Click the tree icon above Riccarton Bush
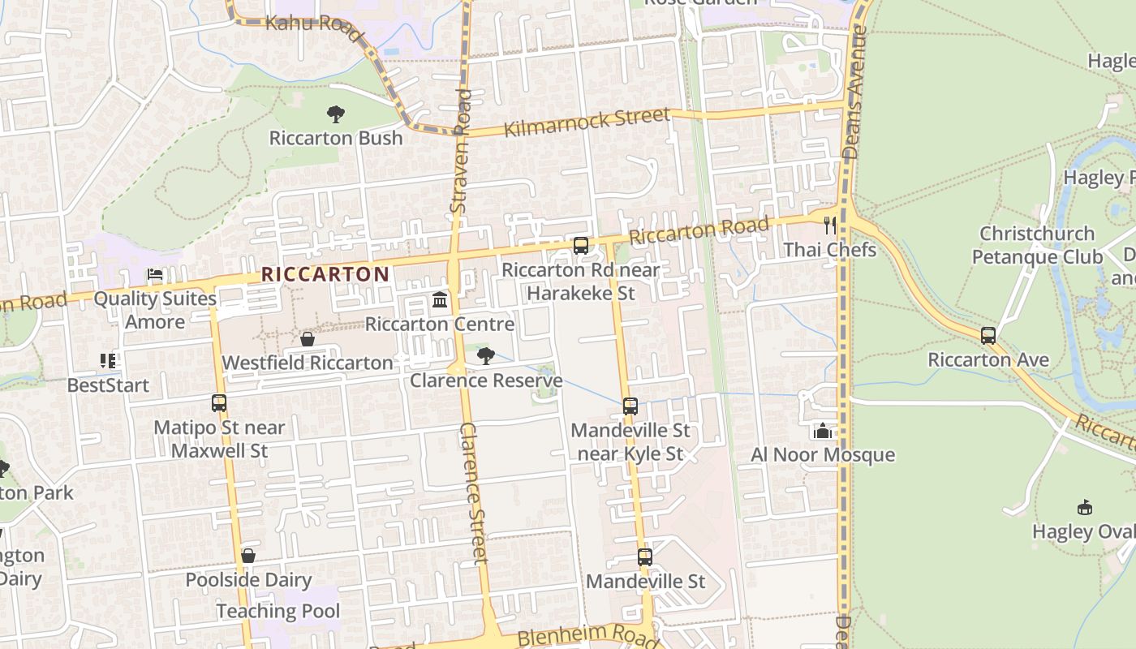[335, 114]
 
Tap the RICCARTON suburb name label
[325, 274]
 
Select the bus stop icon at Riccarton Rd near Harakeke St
[580, 245]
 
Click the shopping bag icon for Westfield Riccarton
[308, 339]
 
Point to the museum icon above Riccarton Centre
[440, 301]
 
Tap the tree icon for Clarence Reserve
[486, 356]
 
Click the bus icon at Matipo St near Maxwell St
[219, 403]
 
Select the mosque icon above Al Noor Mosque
[823, 431]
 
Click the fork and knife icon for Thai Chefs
[829, 226]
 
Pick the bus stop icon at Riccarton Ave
[988, 336]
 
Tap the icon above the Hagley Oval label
[1084, 508]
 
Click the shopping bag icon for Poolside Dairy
[248, 556]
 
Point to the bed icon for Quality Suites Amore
[154, 275]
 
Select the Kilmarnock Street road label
[587, 123]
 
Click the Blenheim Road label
[587, 637]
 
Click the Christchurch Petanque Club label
[1037, 245]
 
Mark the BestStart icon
[108, 361]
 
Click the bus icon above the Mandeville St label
[645, 557]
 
